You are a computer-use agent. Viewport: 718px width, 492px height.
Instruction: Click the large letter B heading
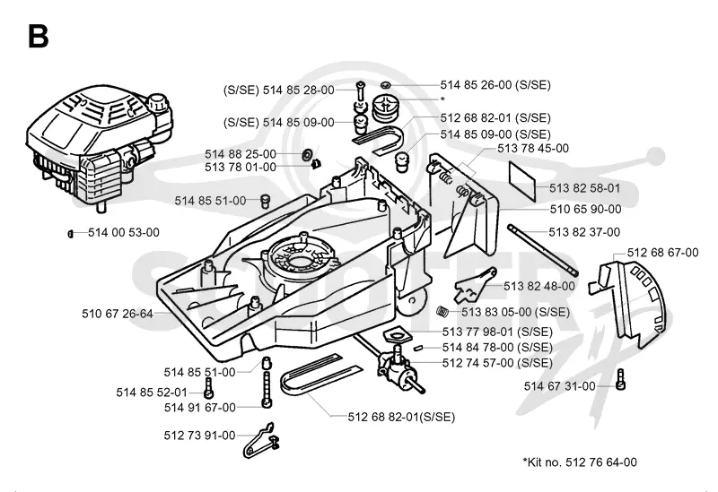38,36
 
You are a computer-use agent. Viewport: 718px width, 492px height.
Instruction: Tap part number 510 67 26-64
118,314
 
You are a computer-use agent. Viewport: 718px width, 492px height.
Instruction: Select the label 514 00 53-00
124,232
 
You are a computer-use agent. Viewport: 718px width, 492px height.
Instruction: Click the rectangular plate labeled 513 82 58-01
522,180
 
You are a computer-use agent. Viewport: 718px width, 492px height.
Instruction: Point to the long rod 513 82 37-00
543,249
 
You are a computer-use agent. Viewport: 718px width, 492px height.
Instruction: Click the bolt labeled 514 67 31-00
620,379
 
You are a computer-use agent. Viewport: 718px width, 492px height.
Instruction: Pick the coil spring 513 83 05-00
442,311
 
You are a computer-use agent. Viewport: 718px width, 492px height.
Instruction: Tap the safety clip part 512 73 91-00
260,440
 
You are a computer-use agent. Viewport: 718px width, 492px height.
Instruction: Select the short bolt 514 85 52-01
209,388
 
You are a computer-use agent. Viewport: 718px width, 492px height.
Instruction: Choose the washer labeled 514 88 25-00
306,154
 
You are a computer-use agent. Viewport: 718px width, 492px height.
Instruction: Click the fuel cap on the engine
158,101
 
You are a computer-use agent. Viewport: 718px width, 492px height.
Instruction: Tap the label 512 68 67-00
662,253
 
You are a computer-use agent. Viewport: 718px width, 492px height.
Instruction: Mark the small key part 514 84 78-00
417,348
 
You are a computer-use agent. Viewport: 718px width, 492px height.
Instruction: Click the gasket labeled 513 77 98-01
395,334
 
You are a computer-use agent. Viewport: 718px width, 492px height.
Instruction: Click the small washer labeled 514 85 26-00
386,84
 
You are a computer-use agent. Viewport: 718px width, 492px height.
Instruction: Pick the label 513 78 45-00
533,148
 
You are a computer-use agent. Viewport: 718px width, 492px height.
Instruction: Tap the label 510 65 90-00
586,209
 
